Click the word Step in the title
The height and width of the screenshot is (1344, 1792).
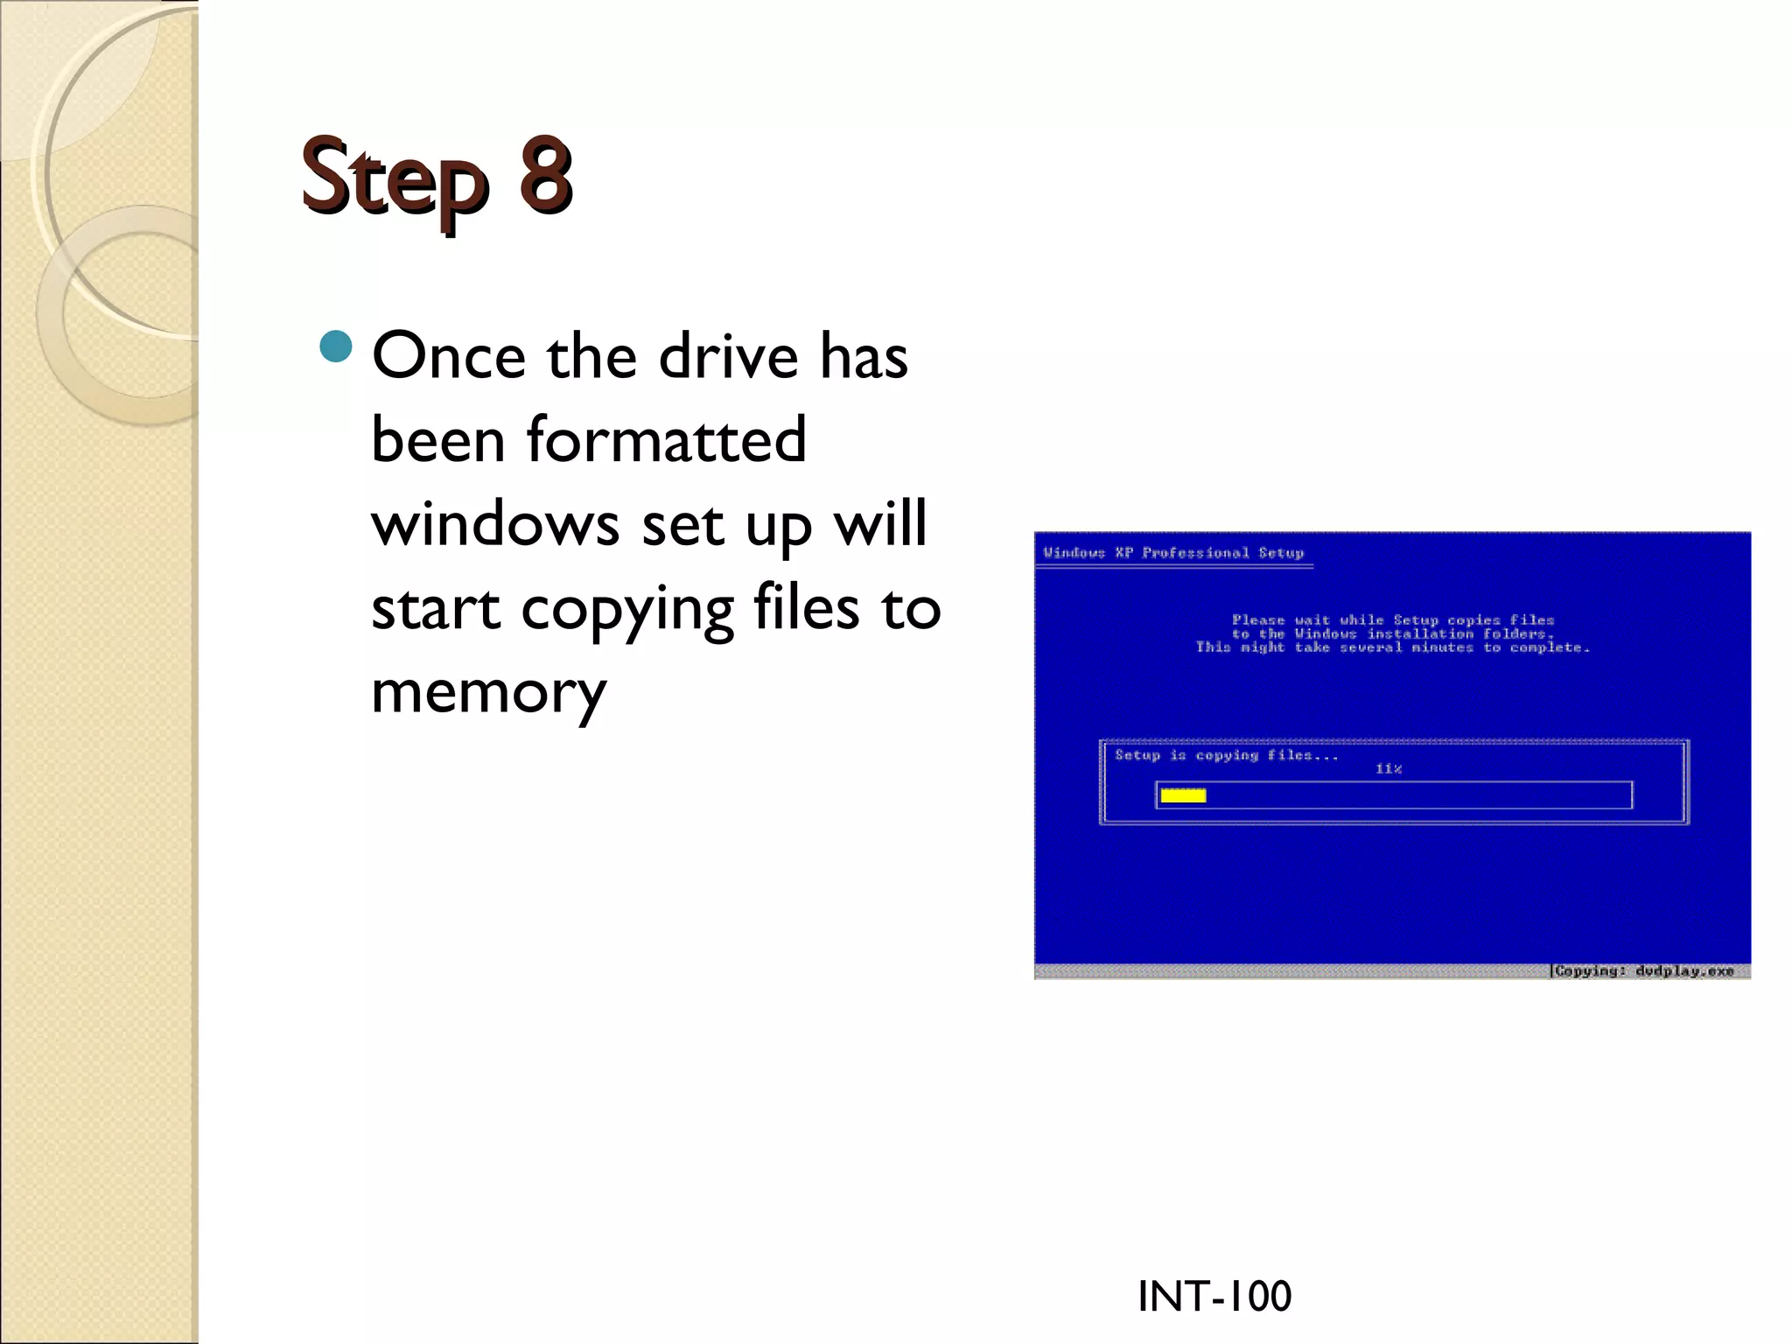pyautogui.click(x=393, y=177)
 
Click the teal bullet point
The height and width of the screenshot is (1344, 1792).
pyautogui.click(x=335, y=347)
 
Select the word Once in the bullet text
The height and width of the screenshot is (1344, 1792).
pyautogui.click(x=449, y=356)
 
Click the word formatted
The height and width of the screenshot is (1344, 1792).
pyautogui.click(x=666, y=439)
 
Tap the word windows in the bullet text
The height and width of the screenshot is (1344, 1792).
pyautogui.click(x=495, y=523)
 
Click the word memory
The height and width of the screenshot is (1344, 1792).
pyautogui.click(x=488, y=692)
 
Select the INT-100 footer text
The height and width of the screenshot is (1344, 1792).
pyautogui.click(x=1214, y=1296)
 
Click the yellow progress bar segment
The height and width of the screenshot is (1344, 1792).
pyautogui.click(x=1183, y=795)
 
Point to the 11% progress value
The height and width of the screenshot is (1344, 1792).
pyautogui.click(x=1388, y=769)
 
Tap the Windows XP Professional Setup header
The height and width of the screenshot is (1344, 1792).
pyautogui.click(x=1173, y=553)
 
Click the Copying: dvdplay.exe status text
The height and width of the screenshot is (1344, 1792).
pyautogui.click(x=1644, y=970)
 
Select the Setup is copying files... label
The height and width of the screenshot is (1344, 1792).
pyautogui.click(x=1226, y=755)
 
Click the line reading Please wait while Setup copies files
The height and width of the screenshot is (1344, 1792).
pyautogui.click(x=1393, y=619)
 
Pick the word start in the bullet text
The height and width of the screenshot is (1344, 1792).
pyautogui.click(x=436, y=609)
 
